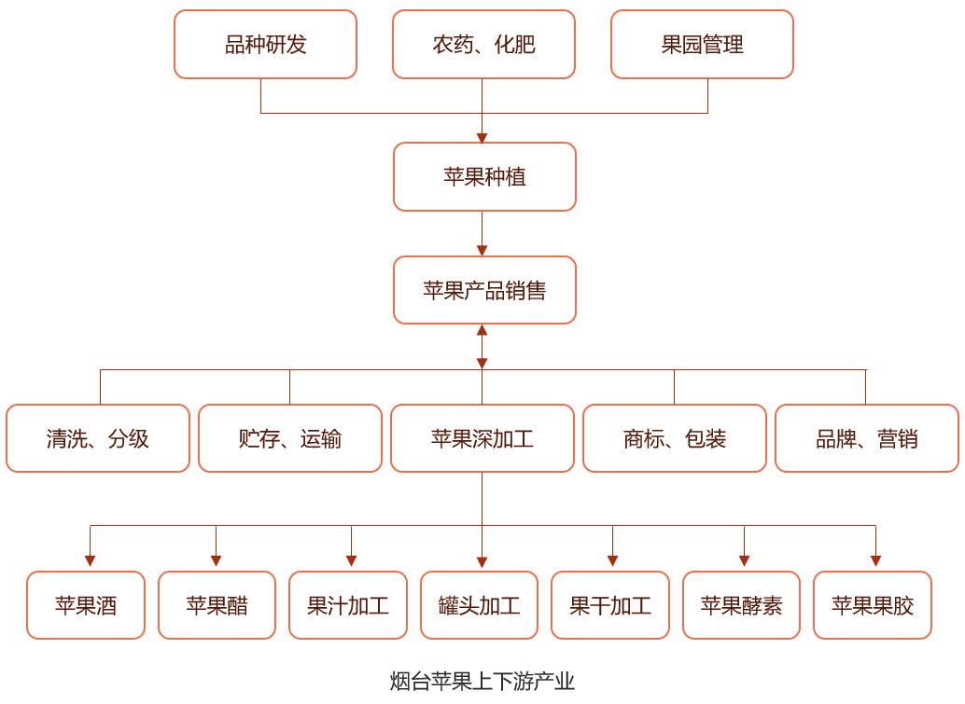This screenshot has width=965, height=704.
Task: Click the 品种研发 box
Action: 265,45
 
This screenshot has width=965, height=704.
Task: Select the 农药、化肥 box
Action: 483,45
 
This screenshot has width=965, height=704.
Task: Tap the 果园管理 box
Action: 702,45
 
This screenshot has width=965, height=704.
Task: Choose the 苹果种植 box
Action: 484,177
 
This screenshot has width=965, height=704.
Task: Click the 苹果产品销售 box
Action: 484,290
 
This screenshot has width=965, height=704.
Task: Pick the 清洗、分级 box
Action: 98,438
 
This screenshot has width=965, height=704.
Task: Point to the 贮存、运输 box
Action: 290,438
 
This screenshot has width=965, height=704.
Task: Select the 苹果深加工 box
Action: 482,438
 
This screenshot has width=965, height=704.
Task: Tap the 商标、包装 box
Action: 675,438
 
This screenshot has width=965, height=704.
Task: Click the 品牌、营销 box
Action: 867,438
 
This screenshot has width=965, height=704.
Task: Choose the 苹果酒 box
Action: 86,605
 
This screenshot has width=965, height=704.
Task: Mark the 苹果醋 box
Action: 217,605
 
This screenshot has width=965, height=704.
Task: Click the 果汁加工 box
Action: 348,605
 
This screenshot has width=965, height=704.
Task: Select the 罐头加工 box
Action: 479,605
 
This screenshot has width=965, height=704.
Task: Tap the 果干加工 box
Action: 610,605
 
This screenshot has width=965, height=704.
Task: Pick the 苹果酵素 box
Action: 741,605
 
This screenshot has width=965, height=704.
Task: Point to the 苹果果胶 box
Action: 873,605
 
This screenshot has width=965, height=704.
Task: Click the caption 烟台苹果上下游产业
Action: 482,682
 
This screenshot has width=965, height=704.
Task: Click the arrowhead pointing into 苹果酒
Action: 91,561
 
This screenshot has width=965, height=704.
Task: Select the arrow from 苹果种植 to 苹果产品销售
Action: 482,233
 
